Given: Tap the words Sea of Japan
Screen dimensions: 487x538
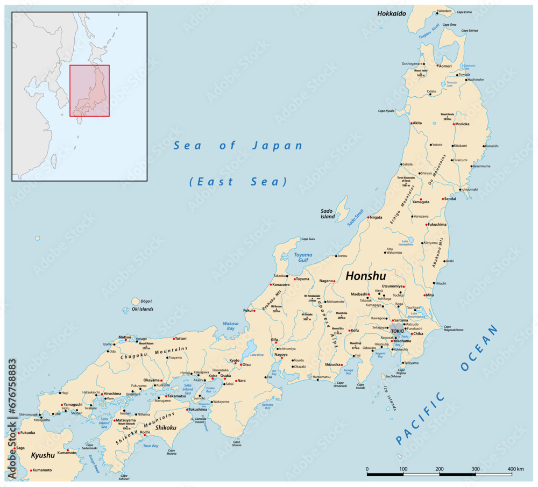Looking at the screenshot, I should (x=238, y=146).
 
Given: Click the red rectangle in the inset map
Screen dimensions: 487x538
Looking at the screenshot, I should (x=89, y=90).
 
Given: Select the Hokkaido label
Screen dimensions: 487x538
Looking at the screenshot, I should (x=391, y=13).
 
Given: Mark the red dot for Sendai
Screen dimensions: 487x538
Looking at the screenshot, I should (x=443, y=199).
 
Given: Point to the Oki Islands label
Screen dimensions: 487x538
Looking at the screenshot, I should (x=143, y=309).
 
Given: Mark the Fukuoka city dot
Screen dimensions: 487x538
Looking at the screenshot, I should (x=19, y=433).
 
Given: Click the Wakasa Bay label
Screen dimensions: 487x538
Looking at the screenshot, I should (x=230, y=327).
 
